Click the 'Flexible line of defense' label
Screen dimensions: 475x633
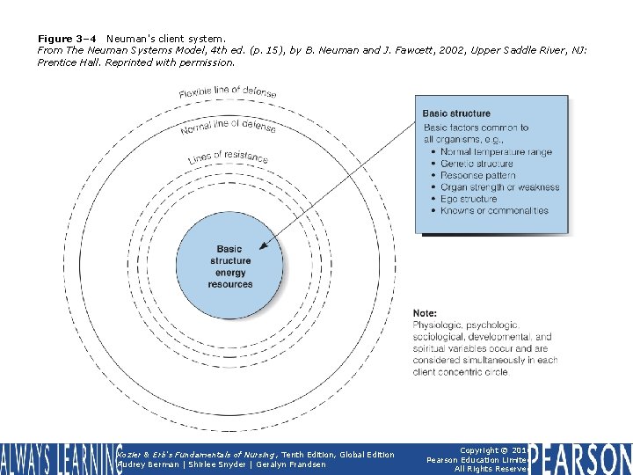pos(228,92)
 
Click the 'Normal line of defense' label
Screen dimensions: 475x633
pos(228,128)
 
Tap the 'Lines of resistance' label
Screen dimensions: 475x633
pos(228,157)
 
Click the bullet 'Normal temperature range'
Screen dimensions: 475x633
pos(496,152)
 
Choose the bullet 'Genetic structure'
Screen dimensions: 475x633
pos(477,164)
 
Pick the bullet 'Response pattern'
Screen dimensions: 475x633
pos(478,176)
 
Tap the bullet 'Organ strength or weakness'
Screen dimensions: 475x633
pos(499,187)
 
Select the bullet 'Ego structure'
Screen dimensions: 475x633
pos(469,199)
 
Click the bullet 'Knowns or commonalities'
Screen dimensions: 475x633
pos(494,211)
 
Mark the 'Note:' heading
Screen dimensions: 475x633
pos(425,313)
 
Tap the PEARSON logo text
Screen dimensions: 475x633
pos(581,458)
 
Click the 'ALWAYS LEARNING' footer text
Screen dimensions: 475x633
pos(56,458)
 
